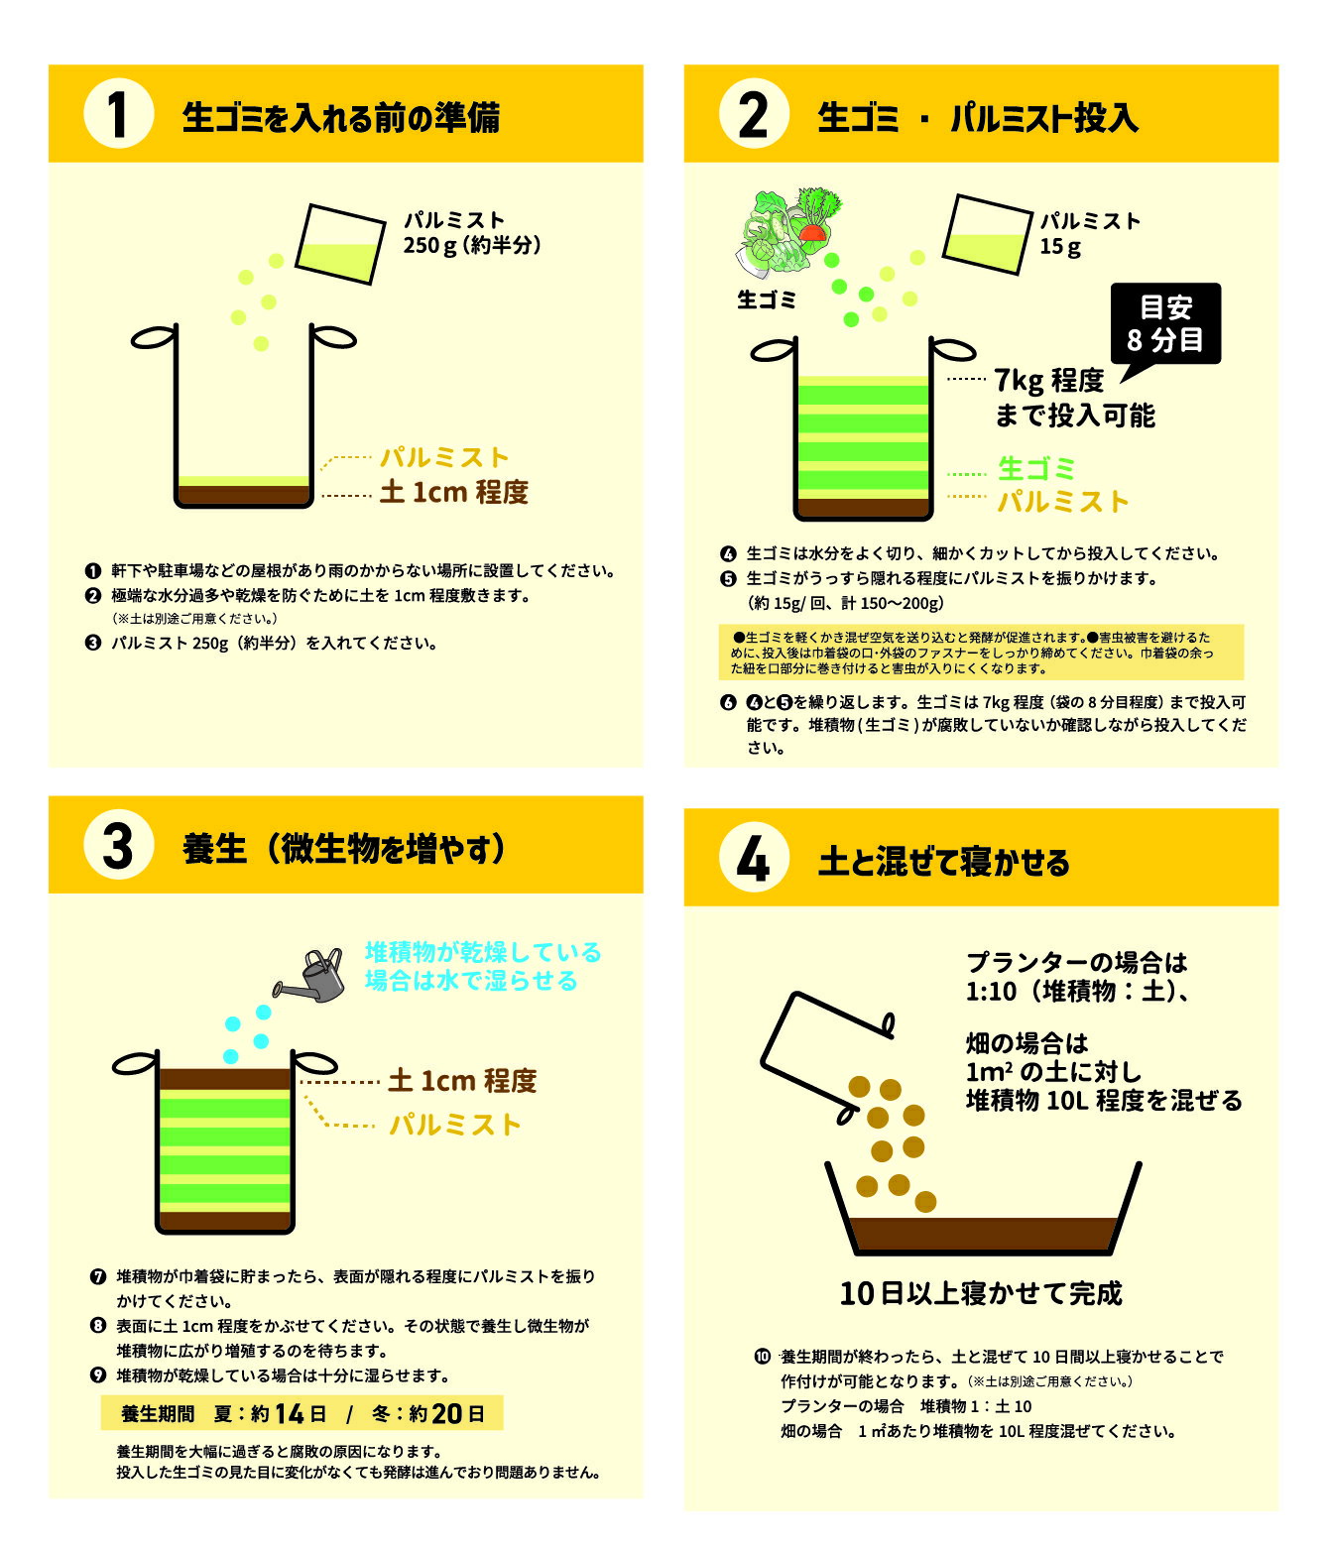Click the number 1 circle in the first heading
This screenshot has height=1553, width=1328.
[x=119, y=113]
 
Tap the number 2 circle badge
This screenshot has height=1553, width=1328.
[x=754, y=113]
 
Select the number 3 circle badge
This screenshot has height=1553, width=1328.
[x=119, y=845]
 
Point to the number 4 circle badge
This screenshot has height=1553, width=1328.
[x=754, y=857]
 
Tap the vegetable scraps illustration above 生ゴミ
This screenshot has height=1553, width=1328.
[x=787, y=229]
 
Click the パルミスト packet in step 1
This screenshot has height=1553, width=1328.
[x=340, y=244]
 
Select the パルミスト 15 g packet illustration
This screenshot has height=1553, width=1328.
[x=987, y=234]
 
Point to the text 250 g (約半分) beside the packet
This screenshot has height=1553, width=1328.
[x=472, y=246]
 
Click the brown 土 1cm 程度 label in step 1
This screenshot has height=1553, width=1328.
[x=454, y=492]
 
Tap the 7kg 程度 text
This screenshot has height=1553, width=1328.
[x=1048, y=381]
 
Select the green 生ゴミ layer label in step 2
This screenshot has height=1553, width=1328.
[x=1036, y=469]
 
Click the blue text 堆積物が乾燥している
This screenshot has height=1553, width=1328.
[x=483, y=952]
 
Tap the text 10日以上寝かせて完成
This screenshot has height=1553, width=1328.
[x=980, y=1293]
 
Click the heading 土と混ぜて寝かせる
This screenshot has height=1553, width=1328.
[x=943, y=861]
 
